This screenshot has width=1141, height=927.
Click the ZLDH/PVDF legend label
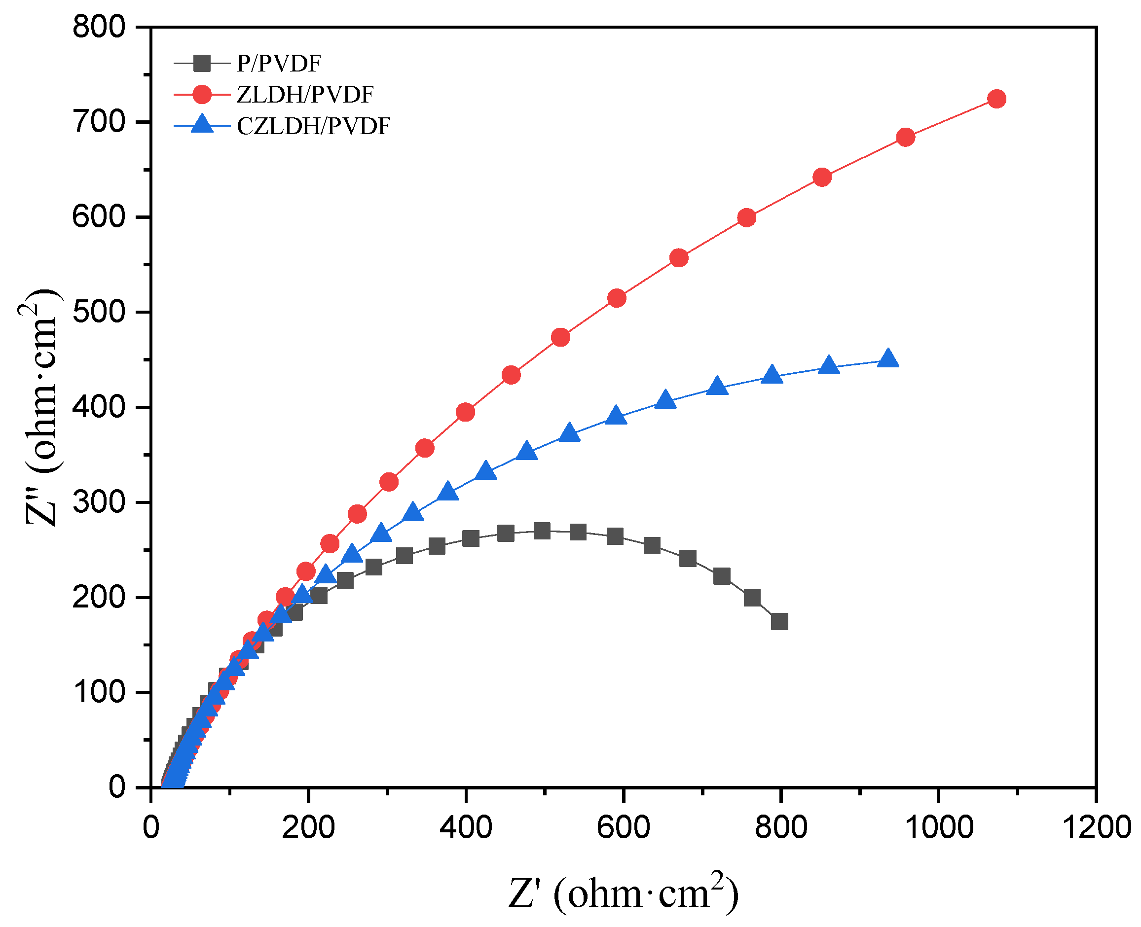[305, 95]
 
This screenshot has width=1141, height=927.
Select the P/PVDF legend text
[279, 64]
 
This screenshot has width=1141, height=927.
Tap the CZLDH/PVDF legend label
[314, 127]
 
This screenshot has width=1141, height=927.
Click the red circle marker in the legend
[202, 95]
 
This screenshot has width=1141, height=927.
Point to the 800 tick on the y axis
[99, 27]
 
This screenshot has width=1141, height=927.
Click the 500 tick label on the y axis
[99, 313]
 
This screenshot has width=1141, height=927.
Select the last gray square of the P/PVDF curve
[779, 622]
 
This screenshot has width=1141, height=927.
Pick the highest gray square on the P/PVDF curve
[542, 531]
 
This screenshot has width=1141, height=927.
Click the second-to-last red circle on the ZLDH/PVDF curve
[905, 137]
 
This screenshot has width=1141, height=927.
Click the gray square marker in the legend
[202, 64]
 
